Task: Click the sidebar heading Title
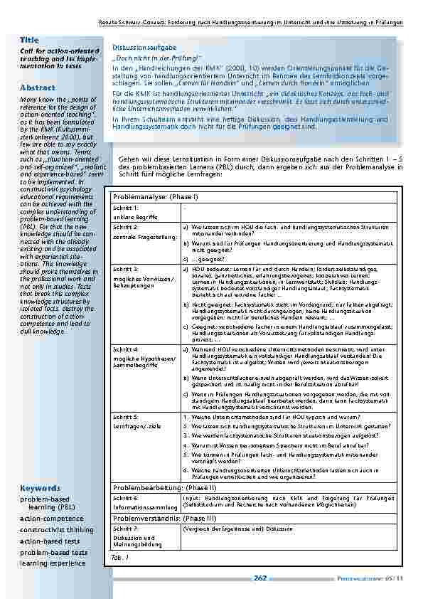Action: tap(29, 41)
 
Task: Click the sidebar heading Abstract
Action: tap(37, 88)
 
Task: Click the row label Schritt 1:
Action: tap(125, 207)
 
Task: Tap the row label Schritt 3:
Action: tap(125, 270)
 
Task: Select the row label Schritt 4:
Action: tap(125, 350)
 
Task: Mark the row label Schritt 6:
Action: tap(125, 499)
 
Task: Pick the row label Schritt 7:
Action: tap(125, 529)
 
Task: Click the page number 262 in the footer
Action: tap(259, 578)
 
